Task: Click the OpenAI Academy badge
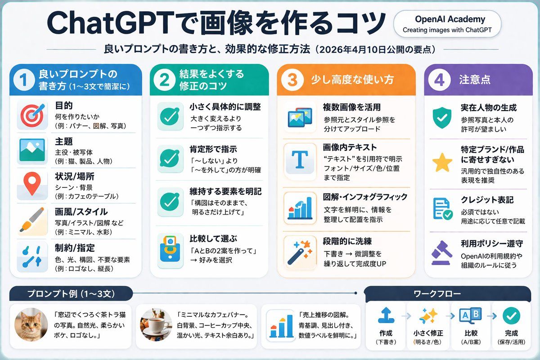447,24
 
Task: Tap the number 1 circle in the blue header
24,80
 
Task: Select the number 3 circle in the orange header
292,80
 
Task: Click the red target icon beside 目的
32,115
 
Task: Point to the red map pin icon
32,183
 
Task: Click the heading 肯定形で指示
213,149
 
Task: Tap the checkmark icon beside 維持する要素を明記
170,202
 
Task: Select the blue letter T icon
300,159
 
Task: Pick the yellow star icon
442,163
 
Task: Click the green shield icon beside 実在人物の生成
442,117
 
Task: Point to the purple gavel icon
441,253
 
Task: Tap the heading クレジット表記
487,200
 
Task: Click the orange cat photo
31,324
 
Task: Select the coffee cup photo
156,324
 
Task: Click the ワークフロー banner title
437,294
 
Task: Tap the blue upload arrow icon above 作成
386,315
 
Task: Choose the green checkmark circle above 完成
511,316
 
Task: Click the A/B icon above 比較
470,315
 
